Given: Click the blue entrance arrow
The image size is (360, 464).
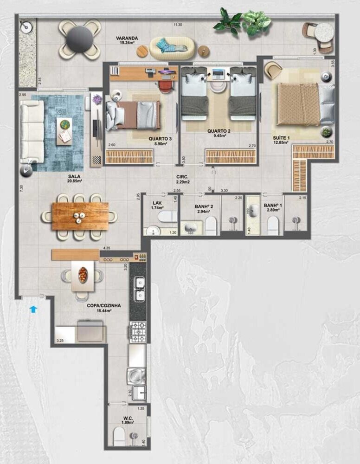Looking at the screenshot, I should point(33,309).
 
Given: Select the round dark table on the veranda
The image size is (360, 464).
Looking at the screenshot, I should point(79,39).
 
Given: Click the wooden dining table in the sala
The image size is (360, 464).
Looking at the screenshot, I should point(80,216).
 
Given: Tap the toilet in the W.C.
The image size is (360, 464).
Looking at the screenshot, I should point(120,436).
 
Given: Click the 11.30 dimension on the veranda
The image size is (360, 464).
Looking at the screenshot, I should point(178,25).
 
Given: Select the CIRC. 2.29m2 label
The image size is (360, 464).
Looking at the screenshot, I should point(181,180).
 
